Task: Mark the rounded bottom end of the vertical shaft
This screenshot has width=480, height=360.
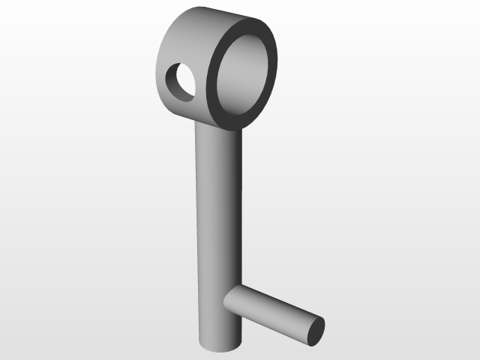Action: click(220, 346)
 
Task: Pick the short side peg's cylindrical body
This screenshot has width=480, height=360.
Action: click(270, 311)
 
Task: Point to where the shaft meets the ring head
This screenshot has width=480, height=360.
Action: click(217, 126)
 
